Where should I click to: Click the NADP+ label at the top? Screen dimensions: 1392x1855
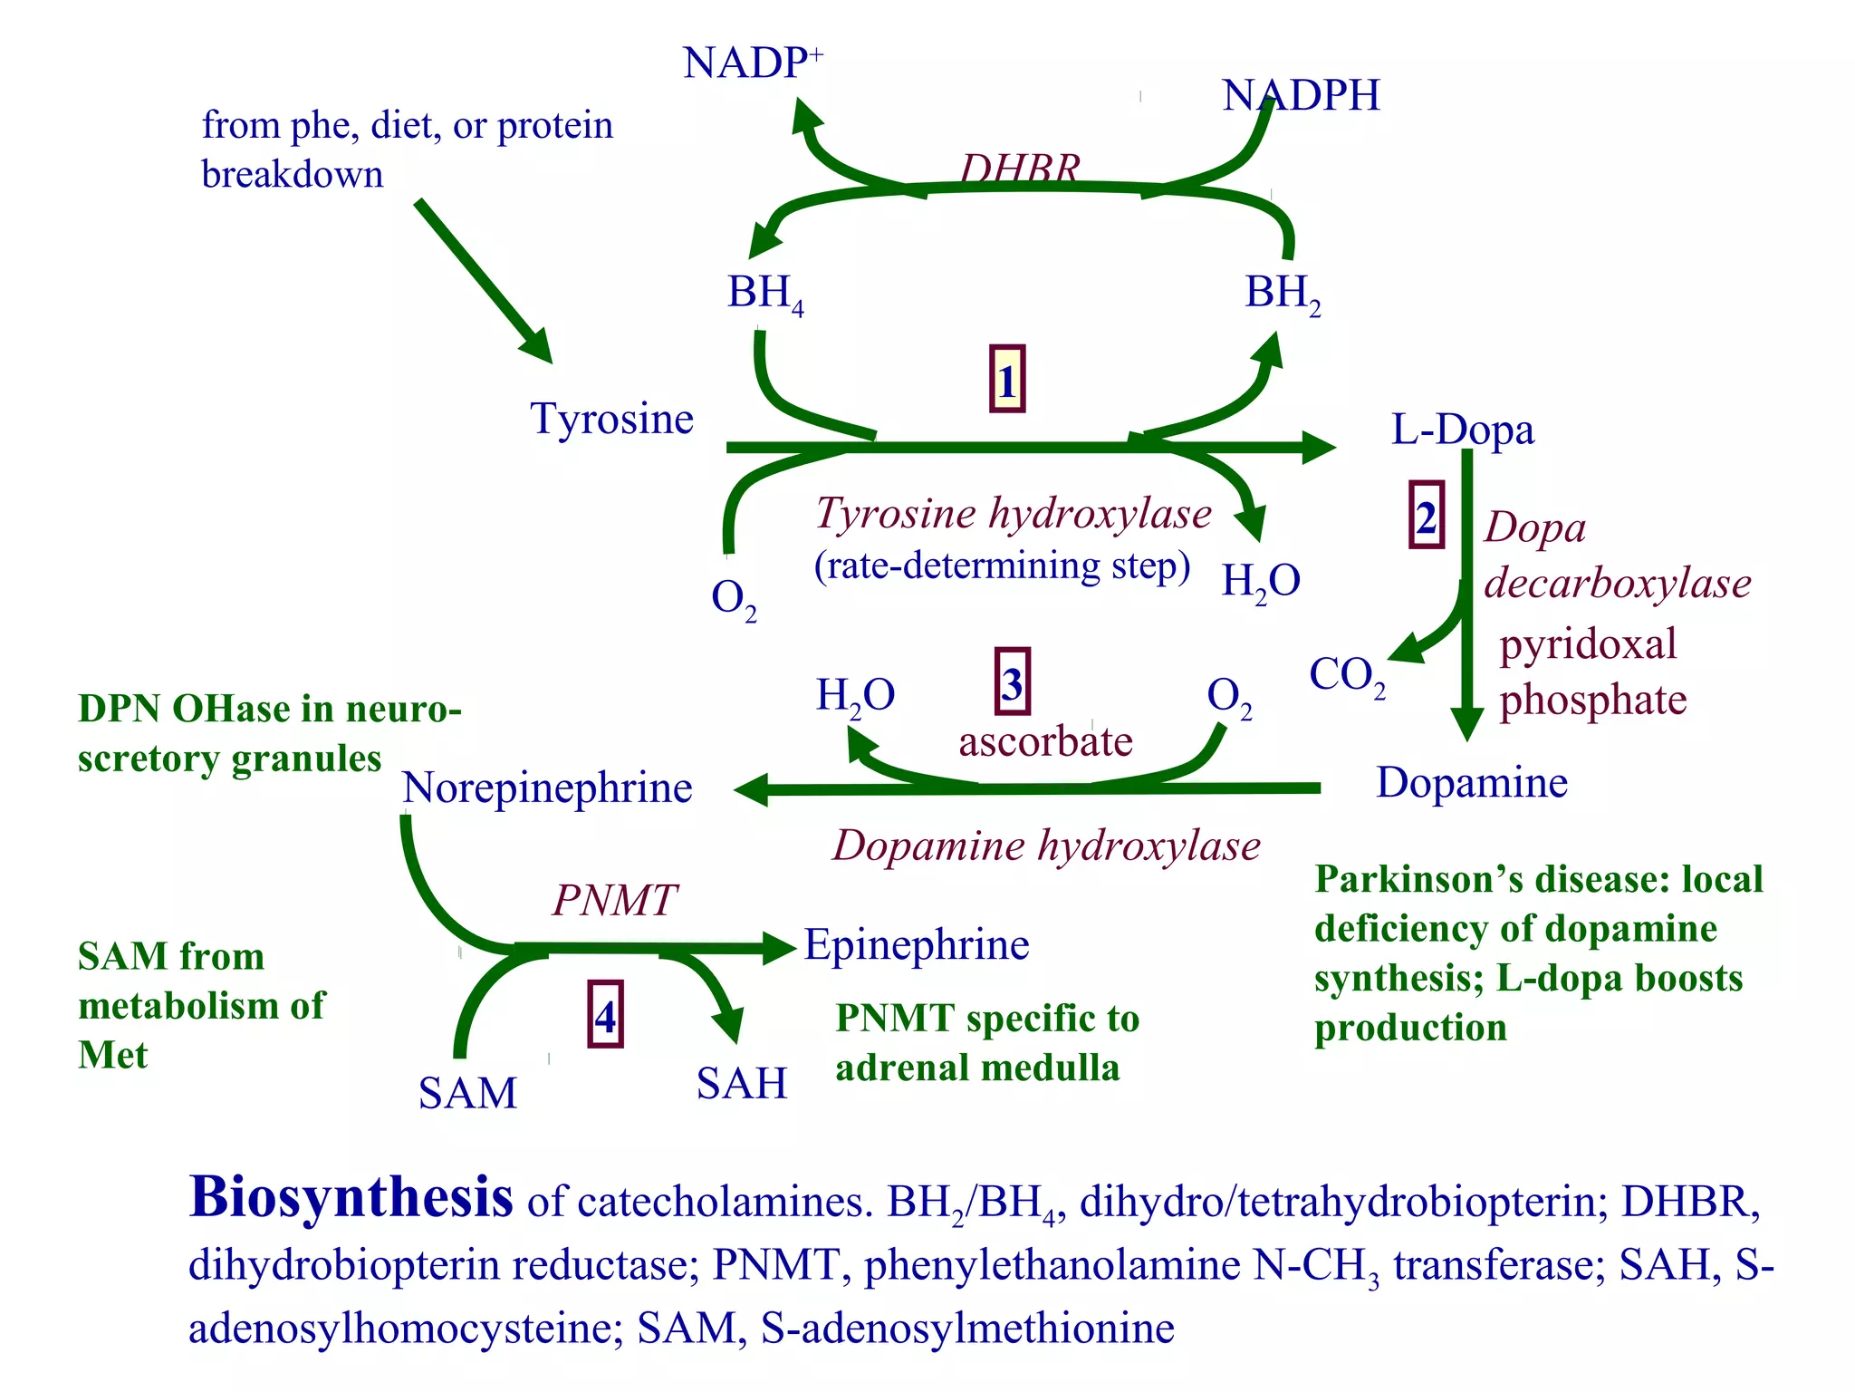coord(751,63)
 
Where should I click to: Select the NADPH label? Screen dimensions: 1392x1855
coord(1301,95)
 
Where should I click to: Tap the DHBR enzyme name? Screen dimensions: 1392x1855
coord(1020,168)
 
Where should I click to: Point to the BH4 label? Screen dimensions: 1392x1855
coord(764,294)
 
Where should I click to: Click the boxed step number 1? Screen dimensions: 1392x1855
coord(1007,380)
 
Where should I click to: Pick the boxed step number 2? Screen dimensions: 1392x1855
coord(1426,516)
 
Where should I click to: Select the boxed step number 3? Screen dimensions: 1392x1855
coord(1012,681)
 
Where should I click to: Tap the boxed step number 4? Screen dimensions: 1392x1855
coord(605,1015)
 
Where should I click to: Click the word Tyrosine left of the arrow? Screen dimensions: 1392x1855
coord(611,419)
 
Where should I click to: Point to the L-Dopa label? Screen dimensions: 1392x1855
coord(1462,430)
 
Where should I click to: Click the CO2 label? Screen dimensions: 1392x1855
coord(1346,676)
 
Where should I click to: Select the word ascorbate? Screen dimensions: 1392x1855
coord(1045,742)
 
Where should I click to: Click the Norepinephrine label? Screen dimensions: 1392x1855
coord(547,788)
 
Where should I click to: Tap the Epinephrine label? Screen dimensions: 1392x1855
coord(917,945)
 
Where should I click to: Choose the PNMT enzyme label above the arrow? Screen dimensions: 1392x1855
coord(614,900)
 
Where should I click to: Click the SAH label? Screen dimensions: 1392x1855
coord(741,1084)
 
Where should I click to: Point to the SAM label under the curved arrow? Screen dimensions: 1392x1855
coord(467,1093)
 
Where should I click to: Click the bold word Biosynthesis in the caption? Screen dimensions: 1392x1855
coord(351,1198)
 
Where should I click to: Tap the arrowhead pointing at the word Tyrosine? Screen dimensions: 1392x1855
coord(539,348)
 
